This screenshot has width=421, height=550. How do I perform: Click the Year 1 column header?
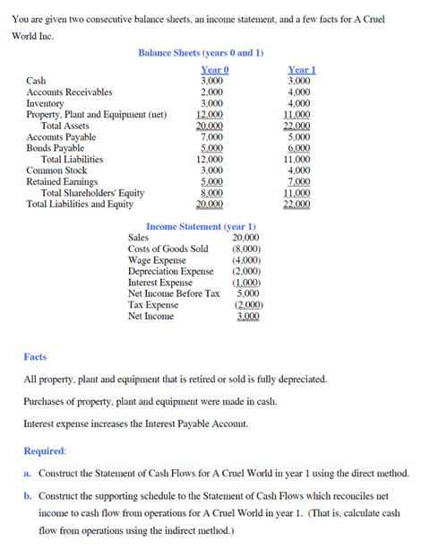(x=301, y=70)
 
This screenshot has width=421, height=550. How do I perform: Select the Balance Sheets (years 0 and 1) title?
(x=201, y=53)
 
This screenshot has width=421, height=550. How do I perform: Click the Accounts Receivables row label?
(x=69, y=92)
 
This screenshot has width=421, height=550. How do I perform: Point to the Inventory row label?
(x=46, y=104)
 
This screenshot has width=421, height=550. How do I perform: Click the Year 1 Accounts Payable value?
(x=301, y=137)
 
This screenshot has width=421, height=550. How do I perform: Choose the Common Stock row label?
(x=57, y=170)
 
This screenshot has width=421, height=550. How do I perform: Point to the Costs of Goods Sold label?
(x=168, y=249)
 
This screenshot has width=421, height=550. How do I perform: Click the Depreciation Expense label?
(x=171, y=271)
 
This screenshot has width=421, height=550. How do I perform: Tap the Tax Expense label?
(x=153, y=304)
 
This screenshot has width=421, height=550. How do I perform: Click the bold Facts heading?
(x=35, y=357)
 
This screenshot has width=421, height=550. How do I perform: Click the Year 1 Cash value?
(x=301, y=81)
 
